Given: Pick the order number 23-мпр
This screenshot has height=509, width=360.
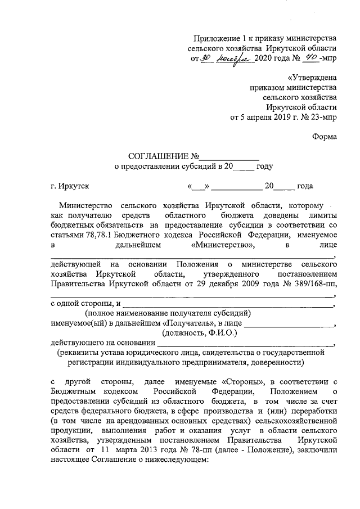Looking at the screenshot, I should point(322,118).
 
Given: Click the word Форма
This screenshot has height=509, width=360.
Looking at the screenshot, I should point(325,137).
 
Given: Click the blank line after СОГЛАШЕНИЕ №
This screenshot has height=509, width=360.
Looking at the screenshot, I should point(229,157).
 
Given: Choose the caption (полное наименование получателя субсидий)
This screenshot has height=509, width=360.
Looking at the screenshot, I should point(167,314).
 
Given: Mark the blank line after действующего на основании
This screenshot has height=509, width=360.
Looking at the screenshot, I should point(244,343).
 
